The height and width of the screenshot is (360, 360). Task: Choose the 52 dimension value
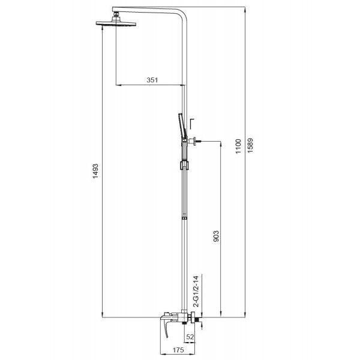coord(190,338)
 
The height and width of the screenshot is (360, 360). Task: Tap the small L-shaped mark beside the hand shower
coord(191,123)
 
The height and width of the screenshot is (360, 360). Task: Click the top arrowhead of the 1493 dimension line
coord(104,27)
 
